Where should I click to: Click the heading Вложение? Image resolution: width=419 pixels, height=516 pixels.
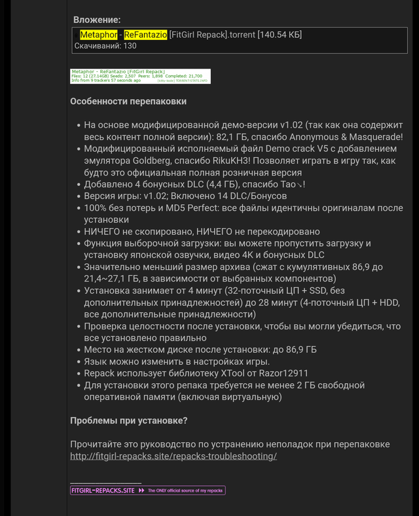[97, 20]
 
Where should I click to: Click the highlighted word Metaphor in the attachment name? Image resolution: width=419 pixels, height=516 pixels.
[98, 35]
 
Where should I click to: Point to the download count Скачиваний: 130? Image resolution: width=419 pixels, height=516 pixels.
[105, 46]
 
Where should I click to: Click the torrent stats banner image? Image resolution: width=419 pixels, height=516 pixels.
[140, 76]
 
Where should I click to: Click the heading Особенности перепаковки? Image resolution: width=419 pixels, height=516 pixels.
[128, 101]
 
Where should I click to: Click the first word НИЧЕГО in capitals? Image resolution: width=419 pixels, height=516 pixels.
[107, 232]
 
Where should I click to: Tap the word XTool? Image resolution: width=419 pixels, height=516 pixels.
[206, 373]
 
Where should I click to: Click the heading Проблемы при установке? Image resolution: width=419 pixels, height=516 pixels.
[129, 420]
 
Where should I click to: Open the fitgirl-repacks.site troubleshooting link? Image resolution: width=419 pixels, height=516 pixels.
[173, 456]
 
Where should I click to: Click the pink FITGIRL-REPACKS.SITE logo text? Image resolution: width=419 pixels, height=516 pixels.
[103, 490]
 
